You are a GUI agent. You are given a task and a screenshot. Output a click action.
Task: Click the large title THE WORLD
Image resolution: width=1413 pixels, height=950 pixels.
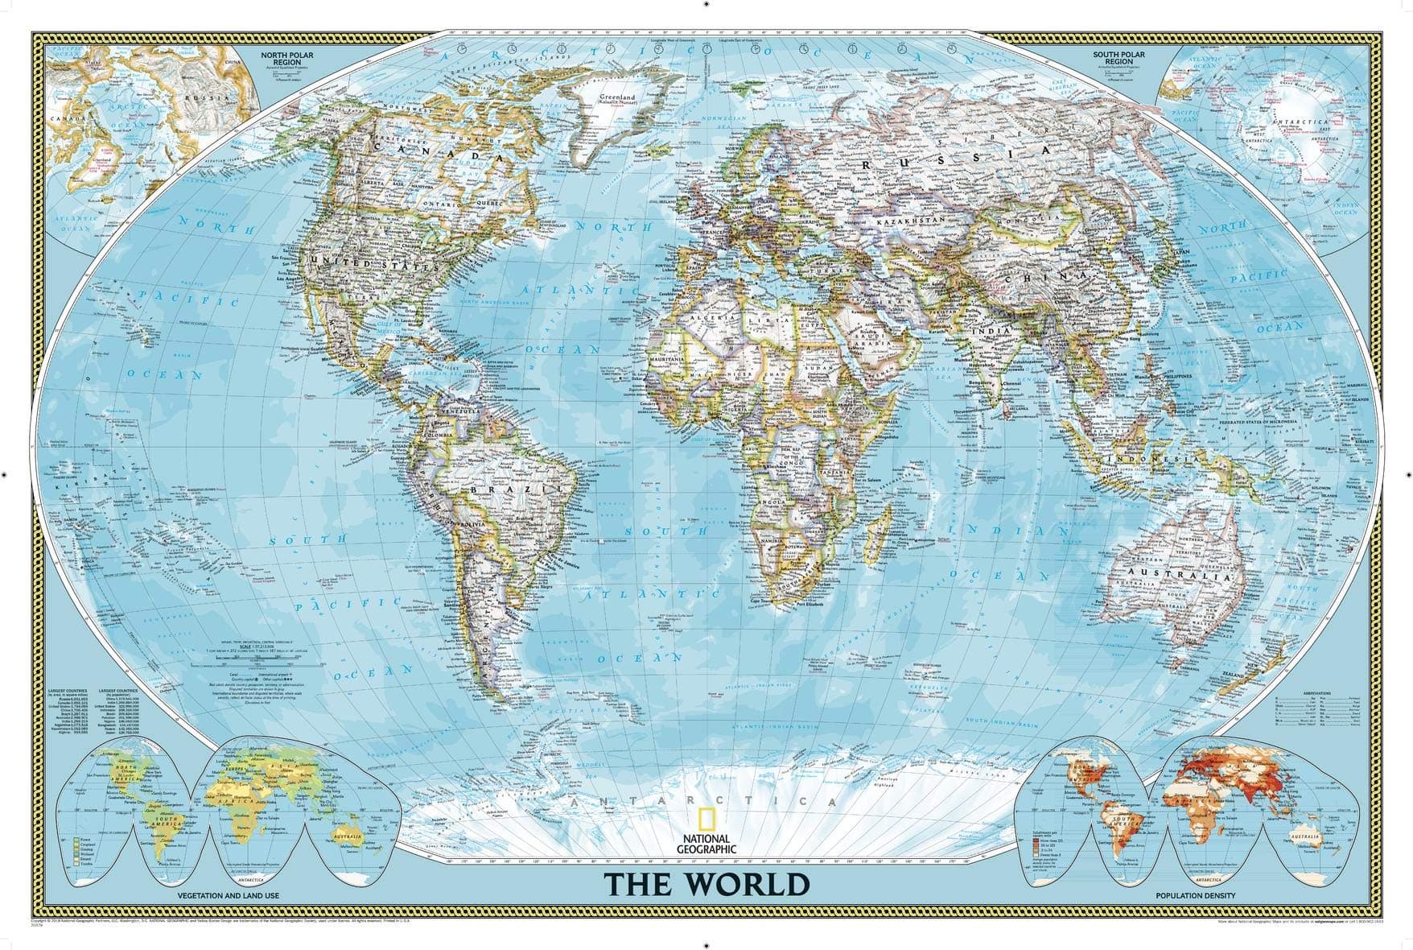pos(706,883)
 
